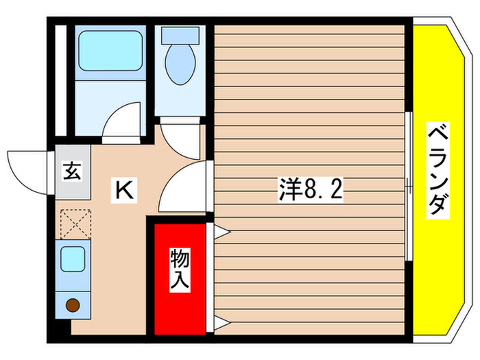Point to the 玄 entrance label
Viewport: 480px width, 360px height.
coord(71,171)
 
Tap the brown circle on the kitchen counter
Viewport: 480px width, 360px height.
coord(71,305)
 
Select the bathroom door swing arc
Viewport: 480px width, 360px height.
coord(123,120)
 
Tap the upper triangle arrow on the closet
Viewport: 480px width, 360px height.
coord(221,232)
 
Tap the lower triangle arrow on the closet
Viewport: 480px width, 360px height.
coord(221,322)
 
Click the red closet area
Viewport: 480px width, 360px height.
coord(180,302)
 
